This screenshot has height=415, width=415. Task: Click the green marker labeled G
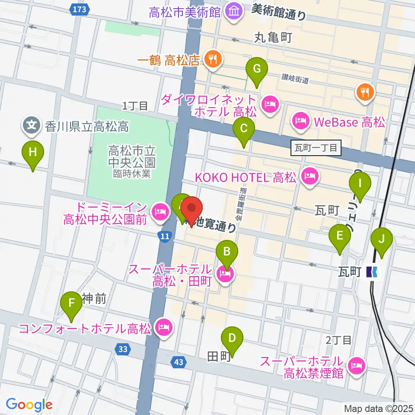[257, 69]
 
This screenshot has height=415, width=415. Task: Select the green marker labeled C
[244, 129]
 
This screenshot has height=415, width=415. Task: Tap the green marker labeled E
[339, 236]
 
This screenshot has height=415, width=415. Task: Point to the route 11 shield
[164, 236]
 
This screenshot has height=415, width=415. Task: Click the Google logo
[29, 405]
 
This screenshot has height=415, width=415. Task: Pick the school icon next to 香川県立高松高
[32, 125]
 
